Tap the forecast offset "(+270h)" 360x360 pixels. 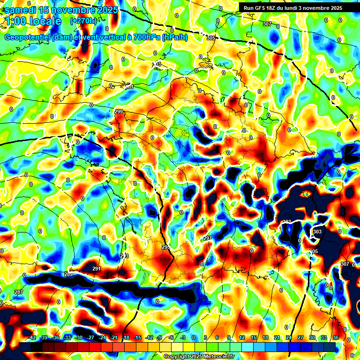(83, 21)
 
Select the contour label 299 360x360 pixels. (119, 112)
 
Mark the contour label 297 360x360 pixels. (208, 238)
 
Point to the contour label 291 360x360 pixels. (96, 269)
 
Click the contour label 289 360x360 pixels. (68, 274)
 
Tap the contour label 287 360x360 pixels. (19, 292)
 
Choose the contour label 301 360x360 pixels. (129, 87)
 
